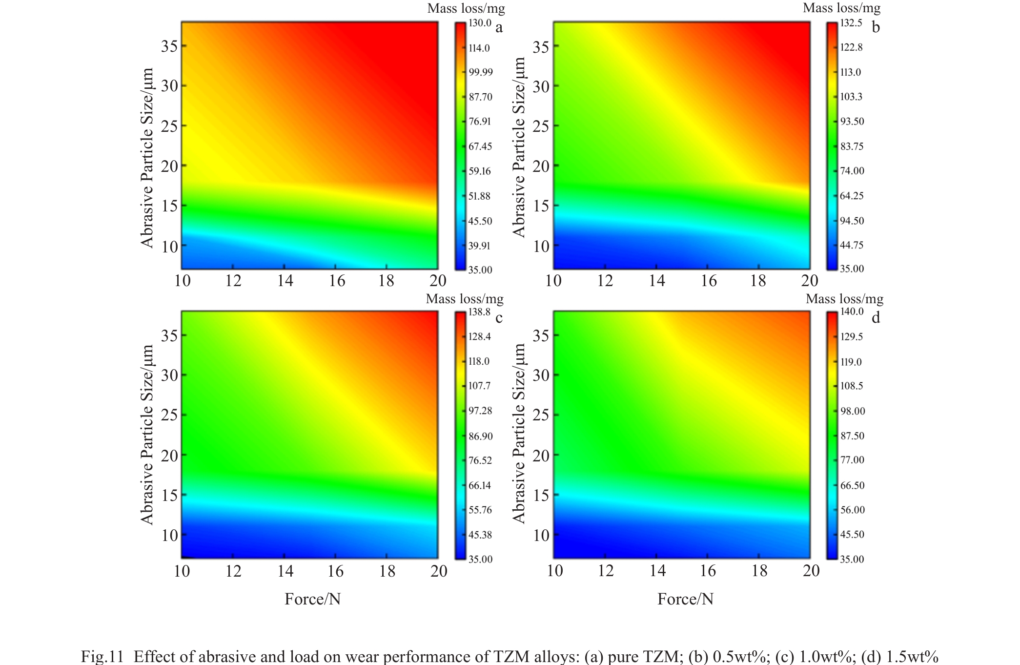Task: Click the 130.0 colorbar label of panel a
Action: coord(480,23)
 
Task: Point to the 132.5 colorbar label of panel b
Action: coord(851,23)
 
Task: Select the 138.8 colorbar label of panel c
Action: coord(479,312)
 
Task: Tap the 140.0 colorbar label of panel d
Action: coord(852,312)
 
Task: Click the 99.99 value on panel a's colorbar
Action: coord(481,72)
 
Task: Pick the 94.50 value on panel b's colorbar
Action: coord(852,221)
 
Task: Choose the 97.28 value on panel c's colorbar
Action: coord(480,411)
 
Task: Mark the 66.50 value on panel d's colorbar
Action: coord(852,485)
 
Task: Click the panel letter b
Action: coord(876,27)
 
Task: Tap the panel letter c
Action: coord(499,318)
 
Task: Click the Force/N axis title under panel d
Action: coord(685,599)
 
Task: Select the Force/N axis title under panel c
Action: coord(312,599)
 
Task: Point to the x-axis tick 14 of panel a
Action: coord(285,281)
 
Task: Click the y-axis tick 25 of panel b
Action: coord(540,126)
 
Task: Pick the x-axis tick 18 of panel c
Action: coord(387,571)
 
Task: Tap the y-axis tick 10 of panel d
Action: coord(541,535)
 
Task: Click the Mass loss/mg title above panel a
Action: coord(466,8)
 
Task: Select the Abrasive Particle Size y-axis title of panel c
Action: coord(147,435)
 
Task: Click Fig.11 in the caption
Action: coord(102,656)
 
